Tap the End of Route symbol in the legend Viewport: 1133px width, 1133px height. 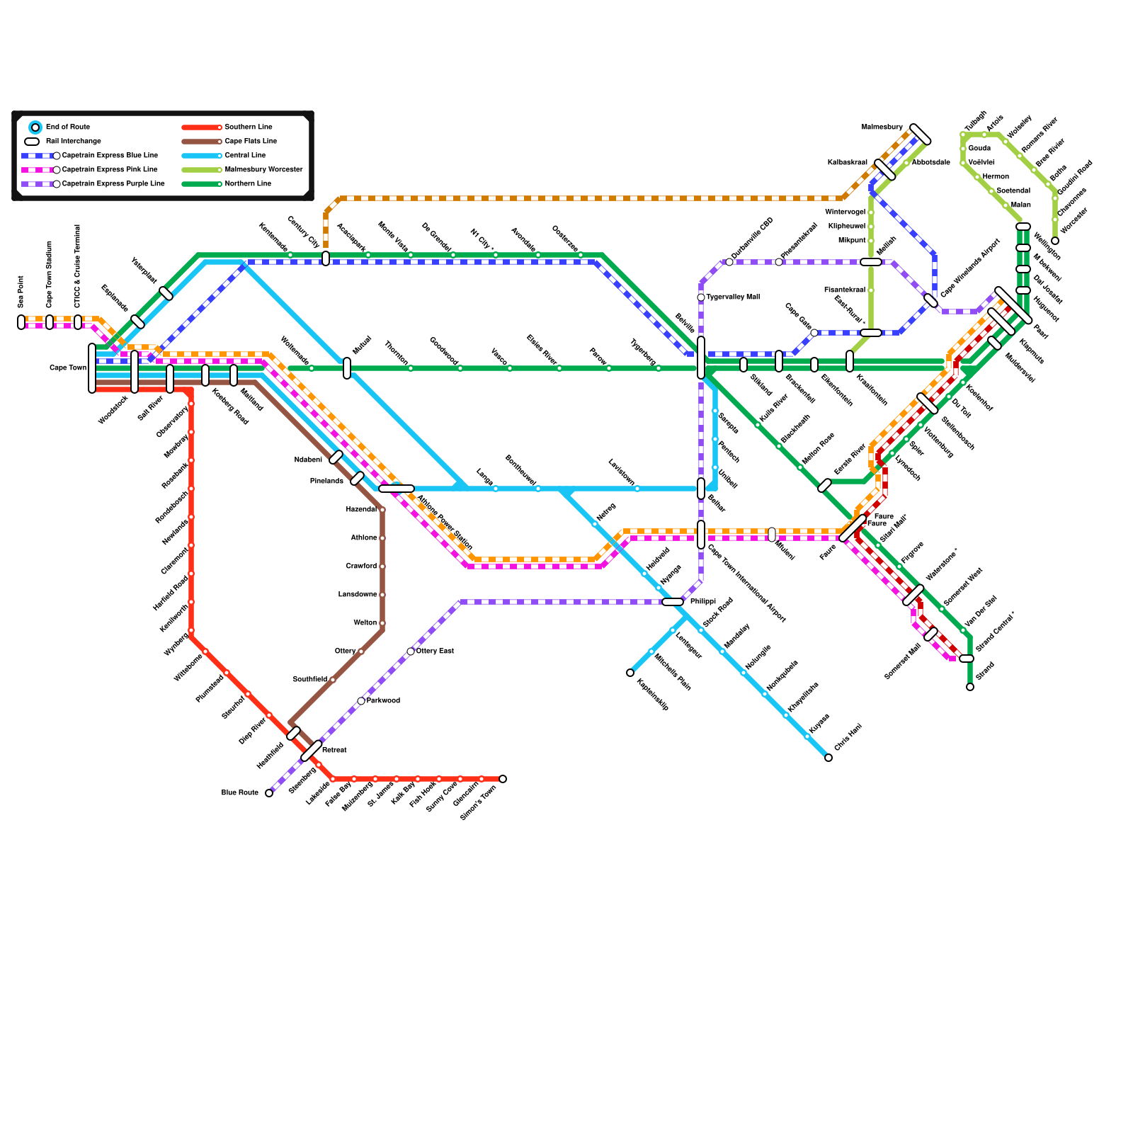click(35, 127)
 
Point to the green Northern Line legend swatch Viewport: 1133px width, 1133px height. click(201, 184)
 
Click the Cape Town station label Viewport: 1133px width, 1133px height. click(68, 368)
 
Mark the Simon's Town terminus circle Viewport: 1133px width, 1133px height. click(503, 779)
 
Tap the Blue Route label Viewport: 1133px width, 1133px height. click(240, 793)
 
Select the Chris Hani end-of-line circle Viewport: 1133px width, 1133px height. click(829, 758)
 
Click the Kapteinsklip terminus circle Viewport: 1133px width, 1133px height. click(630, 673)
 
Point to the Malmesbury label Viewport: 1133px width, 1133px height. click(882, 127)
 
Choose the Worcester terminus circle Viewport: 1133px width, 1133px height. click(1055, 241)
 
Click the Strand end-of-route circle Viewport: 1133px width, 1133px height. click(970, 687)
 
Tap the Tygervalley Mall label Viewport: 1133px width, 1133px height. click(732, 297)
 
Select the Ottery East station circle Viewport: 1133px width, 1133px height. click(411, 651)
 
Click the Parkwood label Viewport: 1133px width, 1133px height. click(383, 701)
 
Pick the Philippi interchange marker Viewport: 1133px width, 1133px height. click(673, 602)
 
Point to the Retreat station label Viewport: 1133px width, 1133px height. click(334, 751)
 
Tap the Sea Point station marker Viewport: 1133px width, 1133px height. click(21, 322)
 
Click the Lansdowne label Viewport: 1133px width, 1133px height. click(358, 595)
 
